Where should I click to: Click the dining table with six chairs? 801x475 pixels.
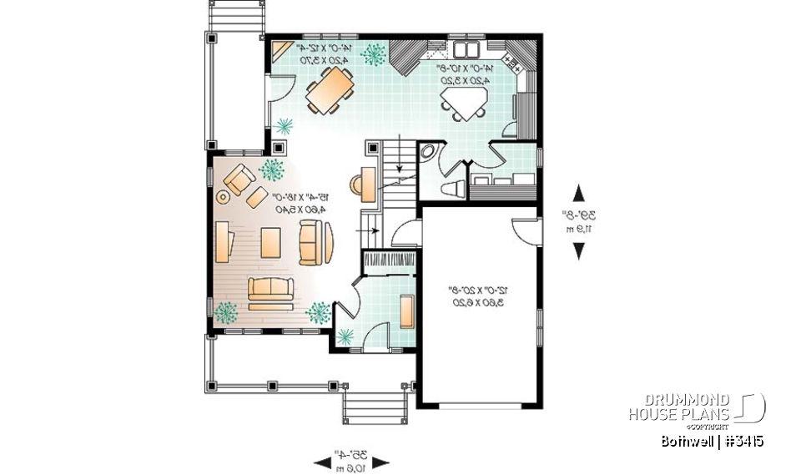pos(329,90)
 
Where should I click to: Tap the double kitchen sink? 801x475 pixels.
pos(464,47)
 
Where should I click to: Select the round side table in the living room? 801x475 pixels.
pos(223,197)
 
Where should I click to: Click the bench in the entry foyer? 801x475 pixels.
pos(406,311)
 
